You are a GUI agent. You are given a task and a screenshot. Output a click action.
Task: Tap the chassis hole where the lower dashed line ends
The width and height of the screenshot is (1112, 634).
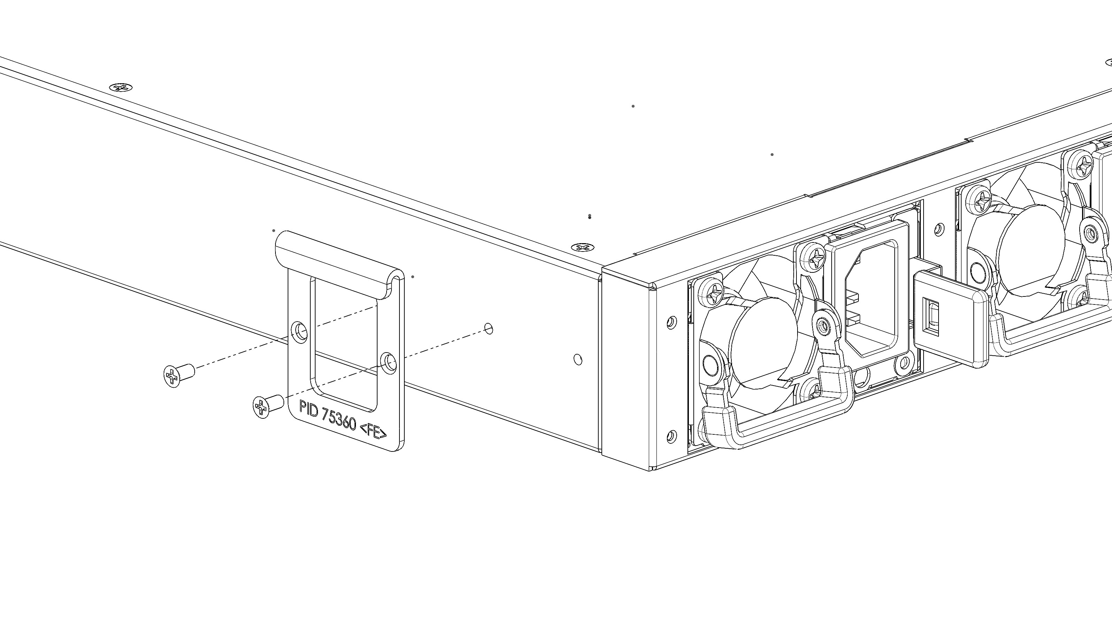click(489, 328)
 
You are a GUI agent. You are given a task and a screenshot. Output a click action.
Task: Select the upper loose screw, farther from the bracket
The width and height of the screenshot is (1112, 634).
click(178, 375)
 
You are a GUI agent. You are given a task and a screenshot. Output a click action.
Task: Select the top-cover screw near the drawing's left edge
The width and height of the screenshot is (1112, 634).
click(121, 88)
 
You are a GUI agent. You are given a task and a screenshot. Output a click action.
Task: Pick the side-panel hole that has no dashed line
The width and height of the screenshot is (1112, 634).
click(578, 359)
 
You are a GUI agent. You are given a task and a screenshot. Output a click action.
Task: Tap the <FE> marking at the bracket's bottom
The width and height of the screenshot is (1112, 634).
click(373, 432)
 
